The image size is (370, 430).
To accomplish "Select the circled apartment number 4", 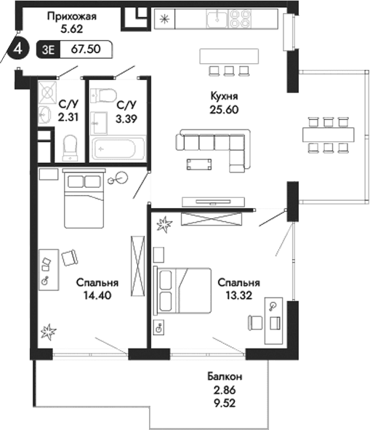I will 16,49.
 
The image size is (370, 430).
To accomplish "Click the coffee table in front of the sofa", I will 200,163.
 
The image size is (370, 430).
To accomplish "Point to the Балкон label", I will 219,376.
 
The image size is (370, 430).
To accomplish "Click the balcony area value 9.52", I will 219,401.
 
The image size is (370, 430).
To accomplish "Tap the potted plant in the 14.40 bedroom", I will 49,333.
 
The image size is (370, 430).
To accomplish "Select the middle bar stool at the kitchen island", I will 229,71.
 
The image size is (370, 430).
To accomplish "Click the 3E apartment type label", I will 50,49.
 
